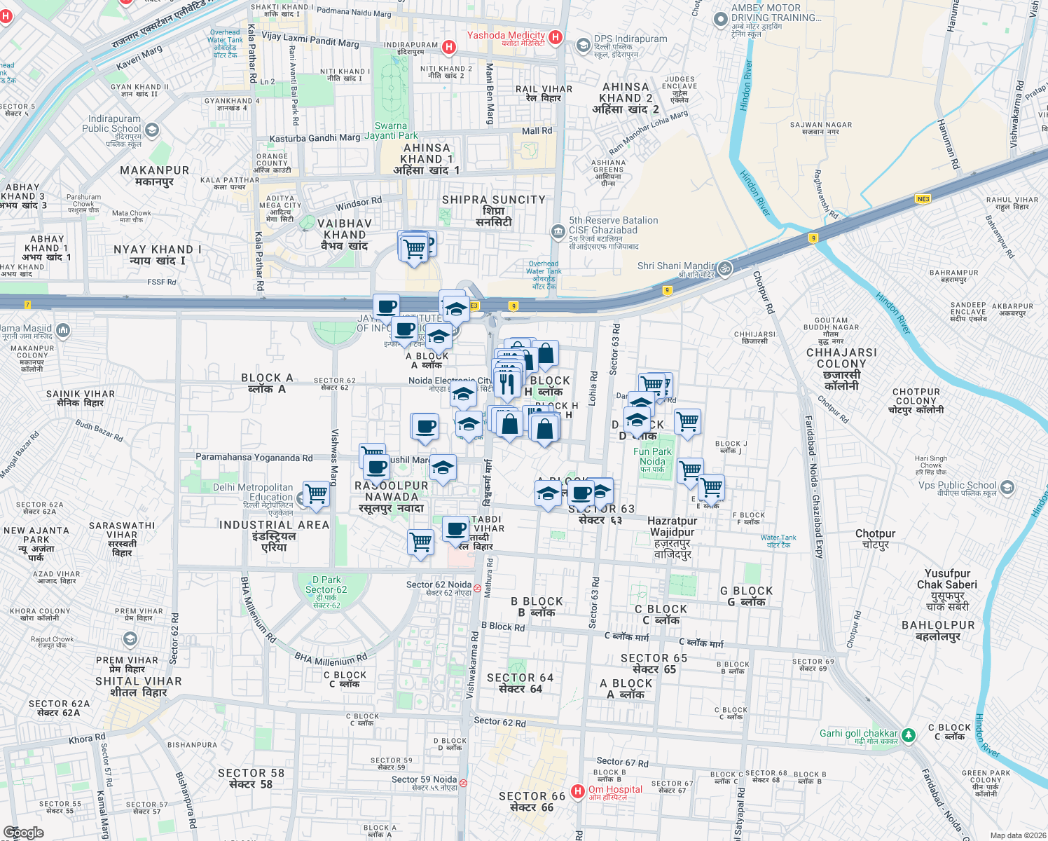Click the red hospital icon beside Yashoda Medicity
coord(556,37)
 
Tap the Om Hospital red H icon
coord(578,791)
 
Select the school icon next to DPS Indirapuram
coord(583,46)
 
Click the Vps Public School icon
coord(1007,486)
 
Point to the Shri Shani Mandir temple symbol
coord(725,268)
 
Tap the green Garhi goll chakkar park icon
coord(909,734)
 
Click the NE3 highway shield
coord(923,199)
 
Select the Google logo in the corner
coord(24,833)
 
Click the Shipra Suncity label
coord(493,210)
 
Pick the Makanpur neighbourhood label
coord(154,175)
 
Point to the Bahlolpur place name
coord(938,630)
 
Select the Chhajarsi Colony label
coord(841,369)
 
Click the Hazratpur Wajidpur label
coord(672,537)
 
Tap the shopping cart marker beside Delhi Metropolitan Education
coord(316,493)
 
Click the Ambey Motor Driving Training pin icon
coord(720,20)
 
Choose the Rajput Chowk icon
coord(130,639)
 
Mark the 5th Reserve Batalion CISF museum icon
coord(558,231)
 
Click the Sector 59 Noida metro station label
coord(425,784)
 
